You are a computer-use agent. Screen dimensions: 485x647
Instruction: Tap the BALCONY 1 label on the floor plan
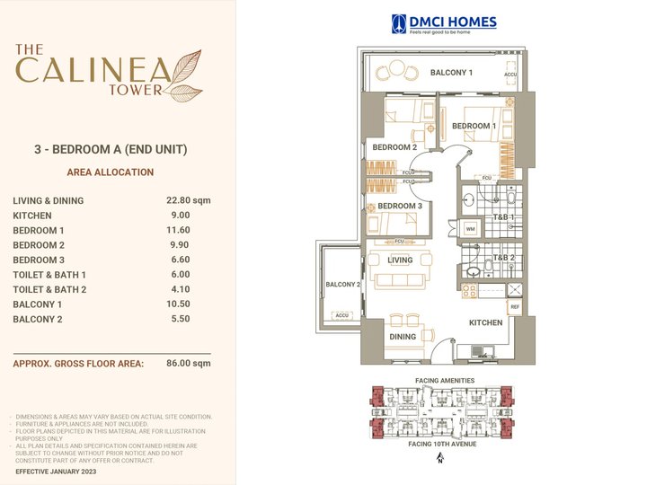(450, 72)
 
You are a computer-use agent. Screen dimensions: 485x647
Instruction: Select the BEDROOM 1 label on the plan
(474, 127)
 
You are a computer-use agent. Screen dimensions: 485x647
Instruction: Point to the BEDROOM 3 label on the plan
(400, 207)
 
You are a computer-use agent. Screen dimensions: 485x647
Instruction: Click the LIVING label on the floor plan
(401, 260)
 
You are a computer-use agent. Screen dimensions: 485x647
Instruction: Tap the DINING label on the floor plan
(403, 338)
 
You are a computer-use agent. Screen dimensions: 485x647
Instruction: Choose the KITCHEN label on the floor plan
(485, 322)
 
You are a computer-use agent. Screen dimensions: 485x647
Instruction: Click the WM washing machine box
(470, 229)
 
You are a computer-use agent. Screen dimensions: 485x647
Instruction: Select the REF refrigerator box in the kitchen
(514, 307)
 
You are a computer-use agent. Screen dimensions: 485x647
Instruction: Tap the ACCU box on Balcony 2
(341, 315)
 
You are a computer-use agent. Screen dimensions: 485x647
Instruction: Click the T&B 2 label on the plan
(503, 258)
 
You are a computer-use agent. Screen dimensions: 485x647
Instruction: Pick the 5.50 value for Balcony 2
(181, 319)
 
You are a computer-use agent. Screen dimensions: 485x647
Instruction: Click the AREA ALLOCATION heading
(111, 172)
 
